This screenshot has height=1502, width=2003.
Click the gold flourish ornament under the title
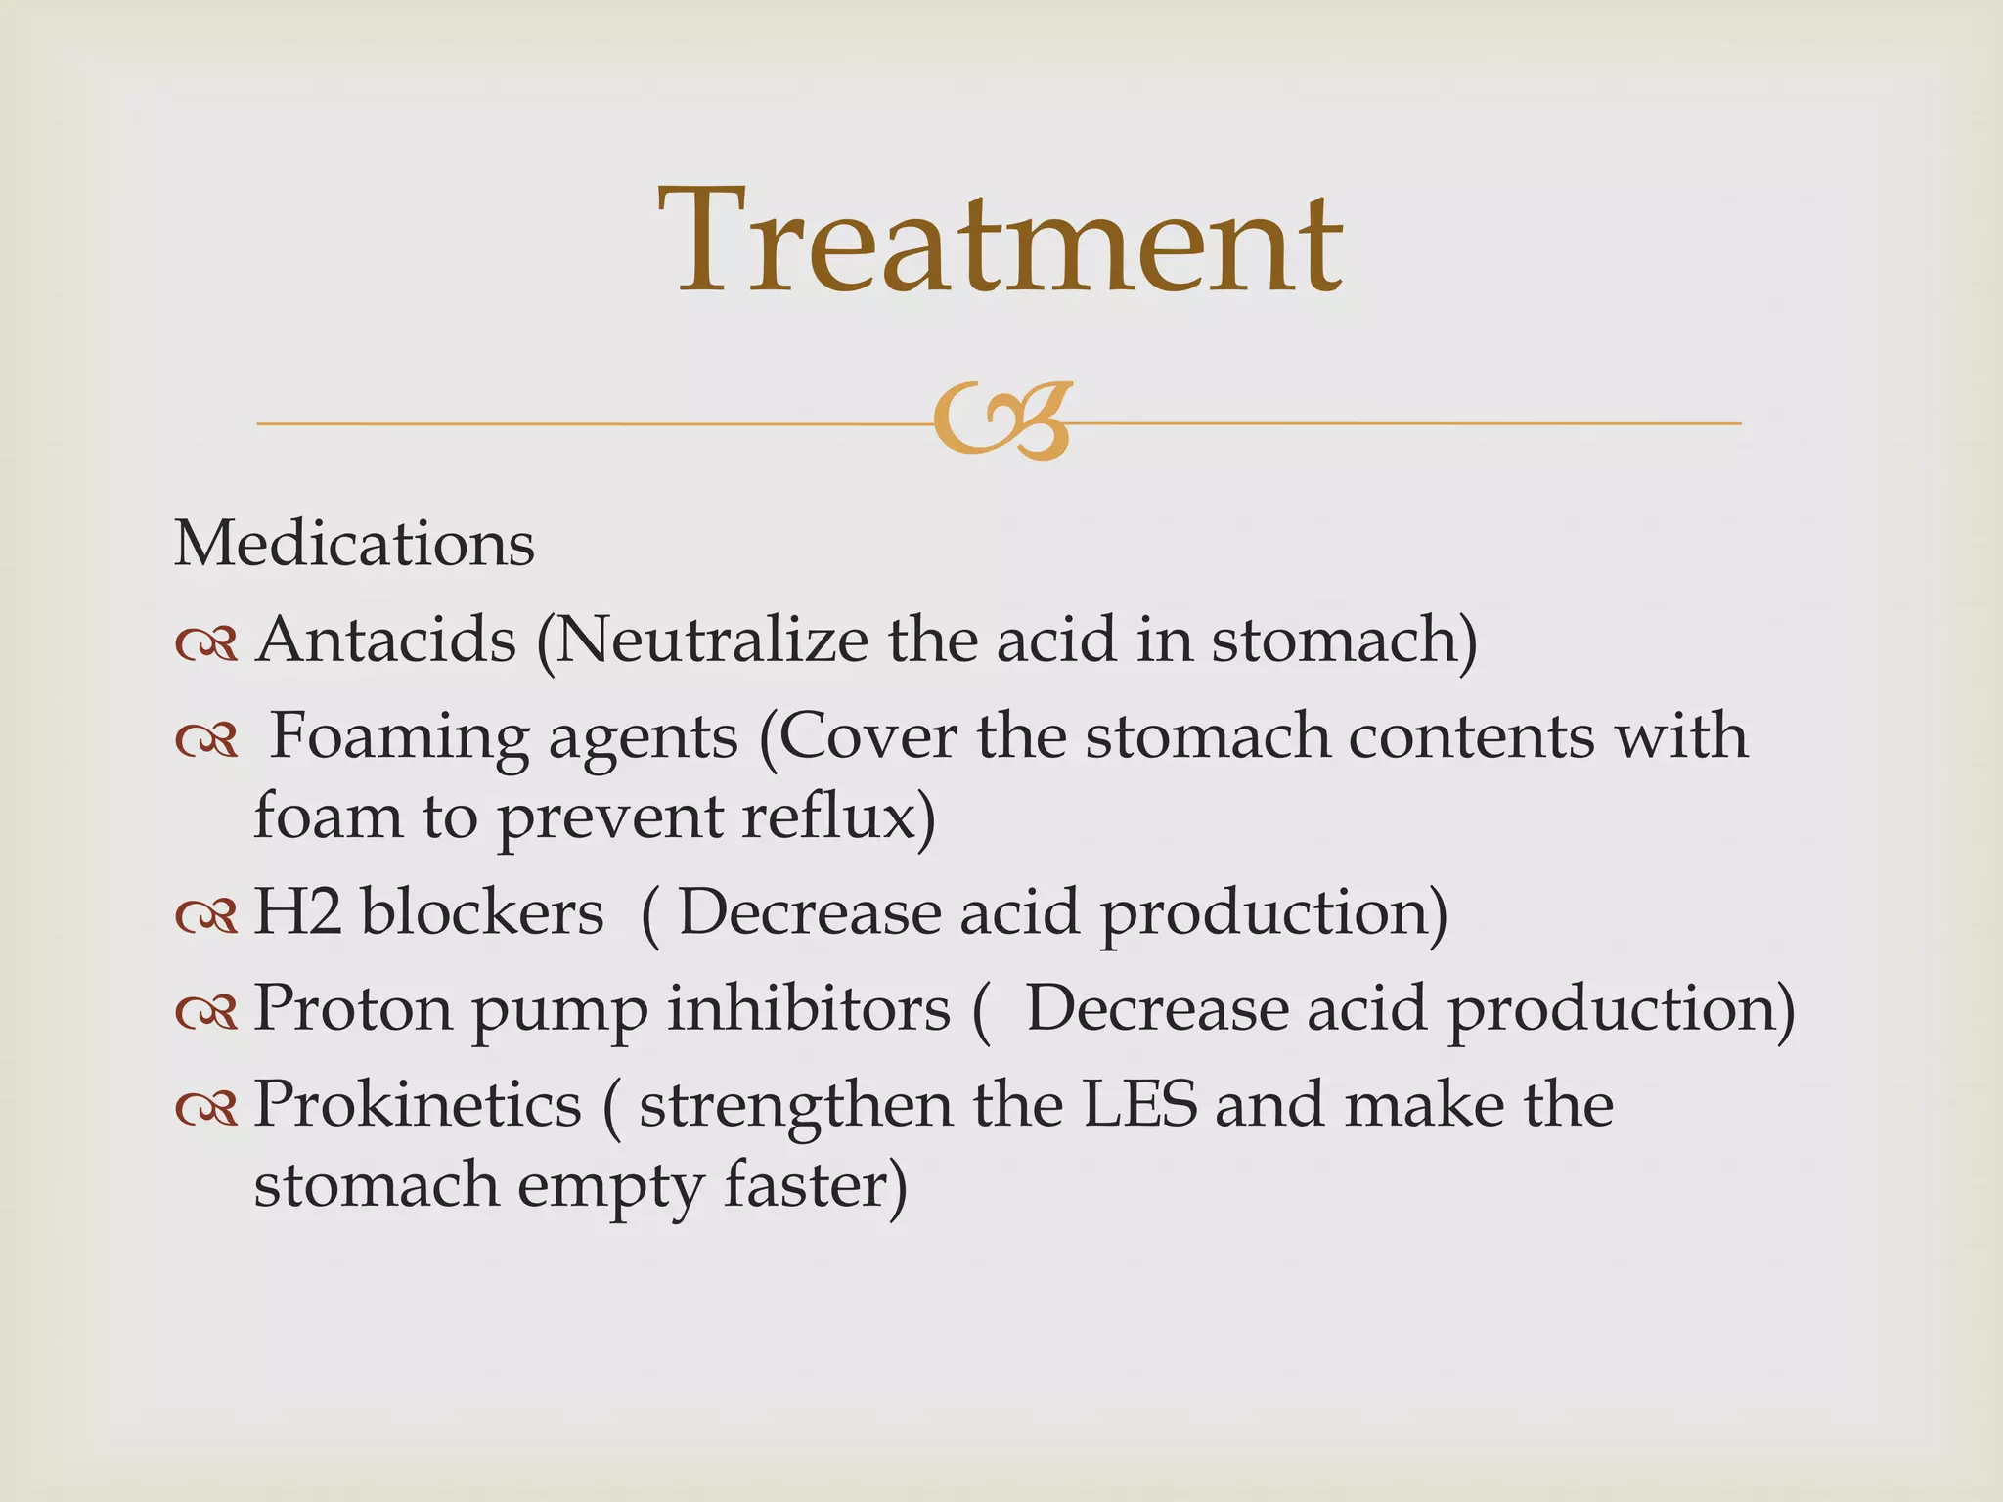[1002, 421]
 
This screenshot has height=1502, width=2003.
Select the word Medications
[354, 544]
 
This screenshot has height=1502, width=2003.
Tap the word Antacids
[385, 641]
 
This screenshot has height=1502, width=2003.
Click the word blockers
[482, 912]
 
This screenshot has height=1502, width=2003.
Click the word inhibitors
[809, 1007]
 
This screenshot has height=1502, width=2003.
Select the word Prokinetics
[418, 1105]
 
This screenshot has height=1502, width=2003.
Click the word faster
[815, 1184]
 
